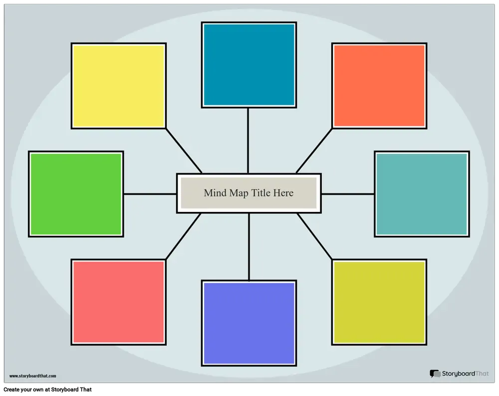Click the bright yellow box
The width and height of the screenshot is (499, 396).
pos(119,86)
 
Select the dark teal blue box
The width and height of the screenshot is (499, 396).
pos(249,65)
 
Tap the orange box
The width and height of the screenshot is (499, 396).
pos(379,86)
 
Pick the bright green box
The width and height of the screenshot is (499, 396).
pos(76,194)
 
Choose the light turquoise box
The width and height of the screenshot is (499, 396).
pos(422,194)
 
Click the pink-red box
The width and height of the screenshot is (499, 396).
pos(119,302)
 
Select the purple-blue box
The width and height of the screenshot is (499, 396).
pos(249,323)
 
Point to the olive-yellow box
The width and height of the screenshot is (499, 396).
pos(379,302)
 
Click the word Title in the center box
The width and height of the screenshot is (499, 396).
pos(261,193)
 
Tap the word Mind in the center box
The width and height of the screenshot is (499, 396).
pos(215,193)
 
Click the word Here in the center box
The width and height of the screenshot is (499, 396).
pos(283,193)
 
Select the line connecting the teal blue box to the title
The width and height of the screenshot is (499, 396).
pos(248,141)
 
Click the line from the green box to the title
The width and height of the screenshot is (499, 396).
pos(150,194)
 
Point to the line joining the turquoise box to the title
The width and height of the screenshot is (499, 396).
pos(348,194)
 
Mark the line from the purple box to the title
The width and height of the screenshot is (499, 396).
pos(249,247)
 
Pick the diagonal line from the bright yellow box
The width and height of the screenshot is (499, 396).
pos(184,151)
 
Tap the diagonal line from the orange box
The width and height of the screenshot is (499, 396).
pos(314,151)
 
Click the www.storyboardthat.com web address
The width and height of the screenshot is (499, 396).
pos(33,376)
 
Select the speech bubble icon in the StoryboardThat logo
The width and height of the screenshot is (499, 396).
pos(435,374)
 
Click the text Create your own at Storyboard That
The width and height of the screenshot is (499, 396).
pos(48,390)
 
